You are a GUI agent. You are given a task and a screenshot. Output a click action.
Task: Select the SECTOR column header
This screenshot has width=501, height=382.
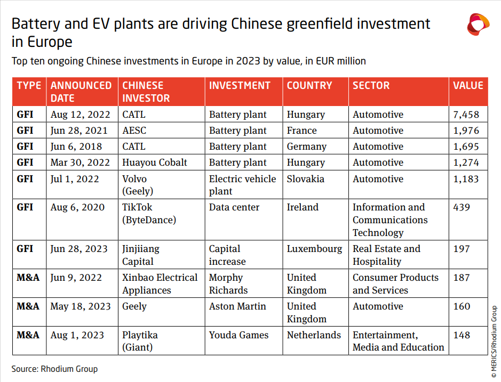click(371, 86)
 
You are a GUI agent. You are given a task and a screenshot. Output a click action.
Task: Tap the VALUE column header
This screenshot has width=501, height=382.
click(468, 86)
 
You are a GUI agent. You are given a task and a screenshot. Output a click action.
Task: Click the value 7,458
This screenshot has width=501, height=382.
click(466, 115)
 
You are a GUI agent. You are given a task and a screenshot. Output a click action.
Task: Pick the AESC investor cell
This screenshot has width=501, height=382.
click(134, 131)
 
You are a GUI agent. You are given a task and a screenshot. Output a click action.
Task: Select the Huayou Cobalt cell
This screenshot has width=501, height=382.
click(155, 162)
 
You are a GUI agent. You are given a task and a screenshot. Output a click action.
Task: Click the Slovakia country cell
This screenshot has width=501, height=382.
click(305, 179)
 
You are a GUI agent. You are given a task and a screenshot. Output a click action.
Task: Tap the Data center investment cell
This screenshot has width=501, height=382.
click(234, 207)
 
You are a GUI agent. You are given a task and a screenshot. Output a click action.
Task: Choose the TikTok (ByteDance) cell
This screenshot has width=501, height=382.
click(149, 213)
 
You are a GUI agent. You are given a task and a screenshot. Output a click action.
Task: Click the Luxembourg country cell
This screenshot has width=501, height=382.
click(314, 249)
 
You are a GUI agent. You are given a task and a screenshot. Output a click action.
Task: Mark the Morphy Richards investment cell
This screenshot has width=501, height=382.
click(228, 284)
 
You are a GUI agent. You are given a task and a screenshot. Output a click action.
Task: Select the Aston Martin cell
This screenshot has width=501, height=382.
click(238, 306)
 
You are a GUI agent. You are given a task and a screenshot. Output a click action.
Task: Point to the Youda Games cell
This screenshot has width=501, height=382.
click(238, 335)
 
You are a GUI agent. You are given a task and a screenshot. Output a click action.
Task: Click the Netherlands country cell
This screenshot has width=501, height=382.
click(314, 335)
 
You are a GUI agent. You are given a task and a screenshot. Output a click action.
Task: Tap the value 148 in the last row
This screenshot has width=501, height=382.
click(462, 335)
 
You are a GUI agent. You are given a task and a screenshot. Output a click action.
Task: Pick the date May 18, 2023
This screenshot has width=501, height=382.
click(81, 306)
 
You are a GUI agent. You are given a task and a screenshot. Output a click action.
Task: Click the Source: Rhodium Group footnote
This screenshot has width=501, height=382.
click(55, 369)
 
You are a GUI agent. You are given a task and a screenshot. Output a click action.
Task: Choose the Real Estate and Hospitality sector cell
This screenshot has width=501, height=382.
click(386, 255)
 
